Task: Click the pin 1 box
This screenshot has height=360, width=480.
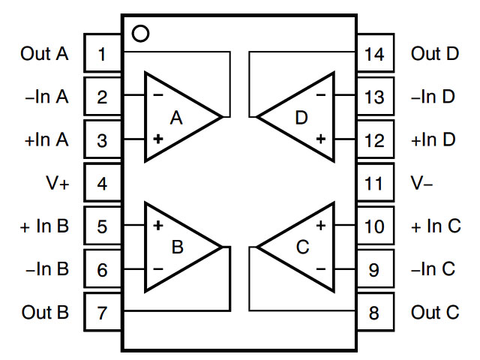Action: pyautogui.click(x=103, y=53)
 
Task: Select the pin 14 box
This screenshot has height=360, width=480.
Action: pyautogui.click(x=375, y=53)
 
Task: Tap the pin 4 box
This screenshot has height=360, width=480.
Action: pyautogui.click(x=103, y=183)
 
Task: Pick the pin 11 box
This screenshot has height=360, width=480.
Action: pyautogui.click(x=375, y=183)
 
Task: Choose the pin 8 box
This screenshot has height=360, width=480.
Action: pyautogui.click(x=375, y=312)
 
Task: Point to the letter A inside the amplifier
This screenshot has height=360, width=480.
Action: pyautogui.click(x=176, y=118)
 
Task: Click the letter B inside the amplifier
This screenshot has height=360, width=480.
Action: pyautogui.click(x=178, y=247)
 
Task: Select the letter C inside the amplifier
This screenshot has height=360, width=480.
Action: pyautogui.click(x=303, y=247)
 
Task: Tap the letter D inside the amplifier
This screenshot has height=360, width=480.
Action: pyautogui.click(x=301, y=118)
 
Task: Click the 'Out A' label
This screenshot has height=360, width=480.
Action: pyautogui.click(x=44, y=53)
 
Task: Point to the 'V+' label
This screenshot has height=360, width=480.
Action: pyautogui.click(x=58, y=183)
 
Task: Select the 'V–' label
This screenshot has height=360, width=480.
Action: pyautogui.click(x=421, y=183)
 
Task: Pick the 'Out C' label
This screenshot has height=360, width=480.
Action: pyautogui.click(x=435, y=312)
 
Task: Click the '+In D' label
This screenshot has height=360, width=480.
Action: pyautogui.click(x=433, y=139)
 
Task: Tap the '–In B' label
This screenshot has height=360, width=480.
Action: pyautogui.click(x=47, y=268)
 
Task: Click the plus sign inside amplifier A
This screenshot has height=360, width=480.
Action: pyautogui.click(x=158, y=139)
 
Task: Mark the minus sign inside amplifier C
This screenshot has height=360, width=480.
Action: pyautogui.click(x=321, y=269)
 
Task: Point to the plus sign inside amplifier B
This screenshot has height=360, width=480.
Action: pyautogui.click(x=158, y=225)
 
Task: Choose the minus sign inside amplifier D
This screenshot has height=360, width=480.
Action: pyautogui.click(x=321, y=95)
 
